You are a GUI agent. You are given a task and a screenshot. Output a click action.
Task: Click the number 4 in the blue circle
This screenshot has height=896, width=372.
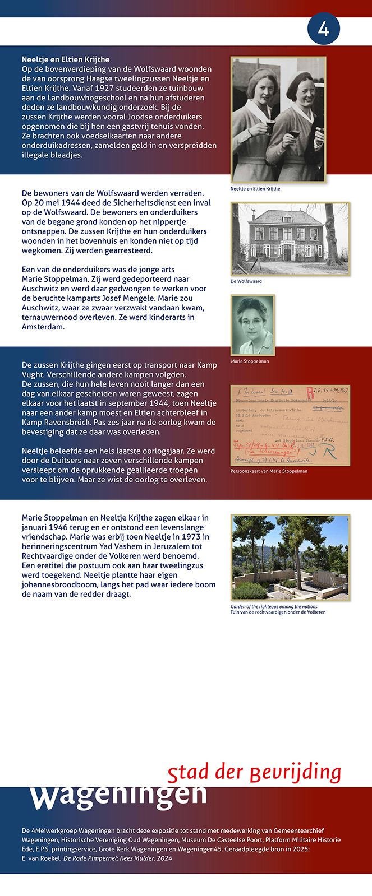324,29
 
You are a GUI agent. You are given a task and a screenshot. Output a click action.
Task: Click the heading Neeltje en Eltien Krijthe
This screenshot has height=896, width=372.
66,59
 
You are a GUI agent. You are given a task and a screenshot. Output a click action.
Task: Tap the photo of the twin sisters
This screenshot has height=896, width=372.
278,119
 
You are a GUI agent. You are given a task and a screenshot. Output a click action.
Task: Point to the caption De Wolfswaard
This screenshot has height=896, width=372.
246,281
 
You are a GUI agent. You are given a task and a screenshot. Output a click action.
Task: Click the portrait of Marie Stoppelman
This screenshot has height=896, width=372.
253,325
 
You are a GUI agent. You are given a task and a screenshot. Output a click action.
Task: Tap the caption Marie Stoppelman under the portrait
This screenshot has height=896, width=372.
250,361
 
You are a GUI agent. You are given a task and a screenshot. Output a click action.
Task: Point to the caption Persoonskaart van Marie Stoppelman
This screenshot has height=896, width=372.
269,471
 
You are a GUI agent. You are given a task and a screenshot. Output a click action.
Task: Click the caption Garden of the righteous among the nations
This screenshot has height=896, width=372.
274,607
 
